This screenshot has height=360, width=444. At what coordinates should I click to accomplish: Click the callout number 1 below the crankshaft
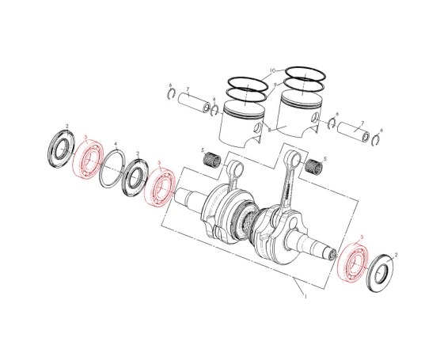tap(305, 296)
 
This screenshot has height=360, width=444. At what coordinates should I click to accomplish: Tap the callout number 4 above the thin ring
tap(116, 144)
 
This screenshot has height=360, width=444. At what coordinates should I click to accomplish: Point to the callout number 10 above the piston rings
tap(272, 70)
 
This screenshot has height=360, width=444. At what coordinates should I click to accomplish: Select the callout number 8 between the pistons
tap(269, 130)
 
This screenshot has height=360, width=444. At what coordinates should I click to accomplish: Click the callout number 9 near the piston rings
tap(275, 85)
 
